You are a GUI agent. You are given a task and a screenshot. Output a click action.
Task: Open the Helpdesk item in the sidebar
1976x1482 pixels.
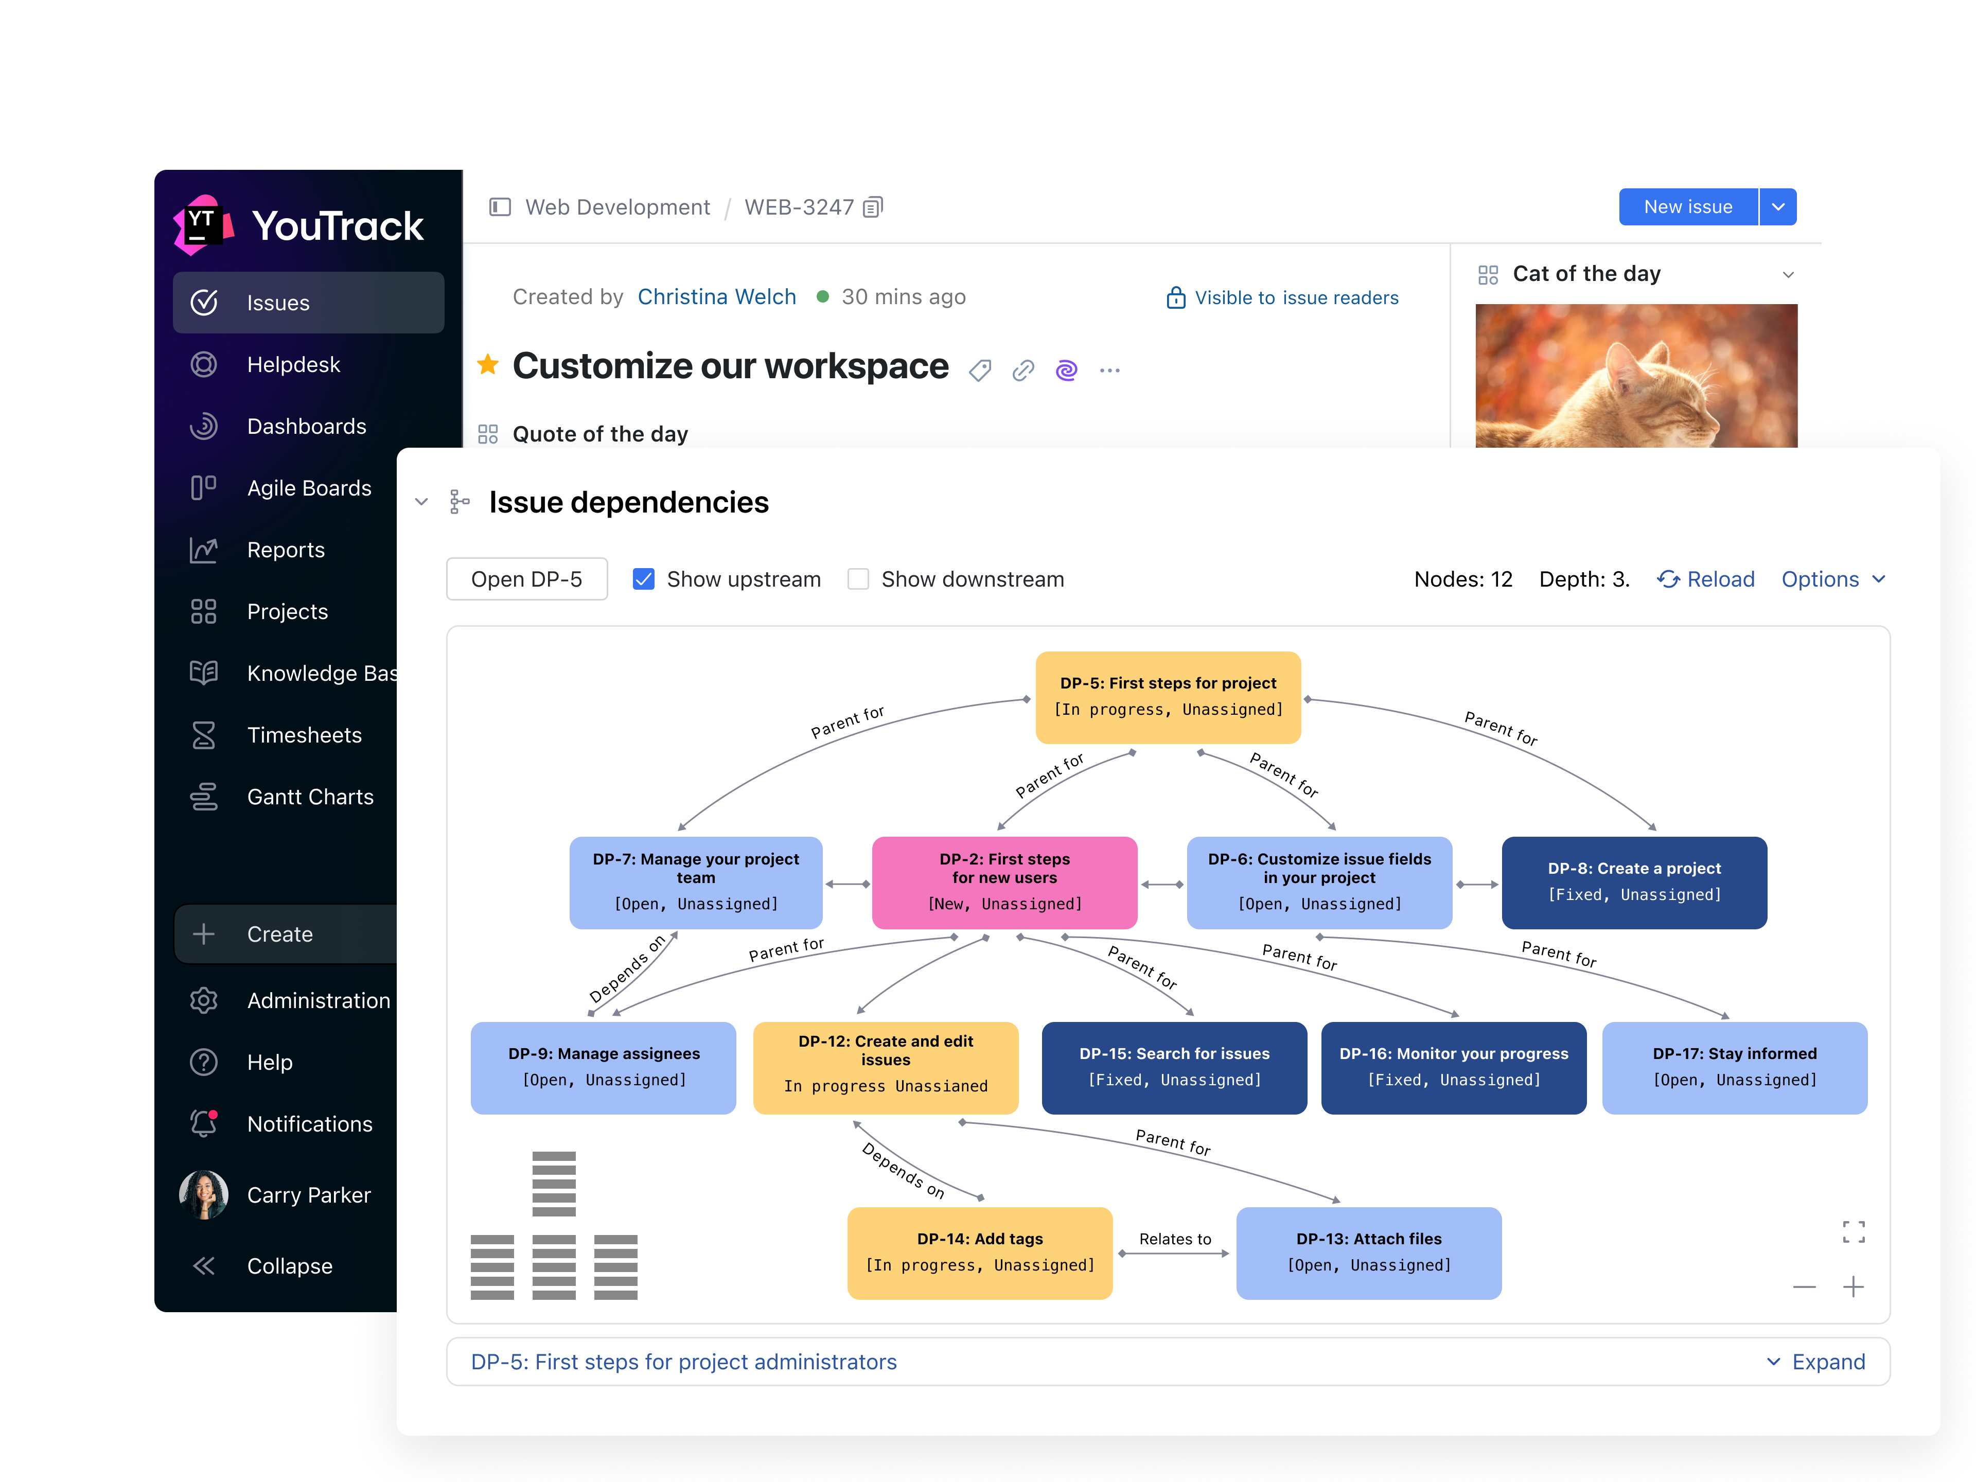[x=293, y=364]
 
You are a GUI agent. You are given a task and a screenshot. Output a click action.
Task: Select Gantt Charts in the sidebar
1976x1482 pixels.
[x=309, y=797]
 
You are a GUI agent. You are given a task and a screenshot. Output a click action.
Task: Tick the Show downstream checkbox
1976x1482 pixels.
[x=858, y=579]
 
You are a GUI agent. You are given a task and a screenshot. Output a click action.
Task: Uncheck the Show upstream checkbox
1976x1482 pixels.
[x=643, y=579]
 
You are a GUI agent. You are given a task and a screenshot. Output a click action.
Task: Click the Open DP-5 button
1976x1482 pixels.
[x=526, y=579]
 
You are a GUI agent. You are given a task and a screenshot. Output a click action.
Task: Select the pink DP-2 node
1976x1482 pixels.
[x=1004, y=881]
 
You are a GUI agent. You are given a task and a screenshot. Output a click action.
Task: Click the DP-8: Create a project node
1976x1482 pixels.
[x=1634, y=881]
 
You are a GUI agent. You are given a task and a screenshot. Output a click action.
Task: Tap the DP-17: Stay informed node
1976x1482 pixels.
[x=1734, y=1067]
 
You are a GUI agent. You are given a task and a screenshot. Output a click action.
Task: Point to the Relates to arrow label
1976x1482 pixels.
[x=1175, y=1239]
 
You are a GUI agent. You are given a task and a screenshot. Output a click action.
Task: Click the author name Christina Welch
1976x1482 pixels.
[x=716, y=296]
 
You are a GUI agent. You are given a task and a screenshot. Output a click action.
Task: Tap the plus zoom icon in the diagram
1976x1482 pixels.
[x=1852, y=1286]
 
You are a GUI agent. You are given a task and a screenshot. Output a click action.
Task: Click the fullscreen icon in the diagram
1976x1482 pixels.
[x=1852, y=1232]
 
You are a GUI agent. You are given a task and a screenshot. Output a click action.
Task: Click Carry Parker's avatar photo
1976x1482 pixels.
[x=204, y=1194]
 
